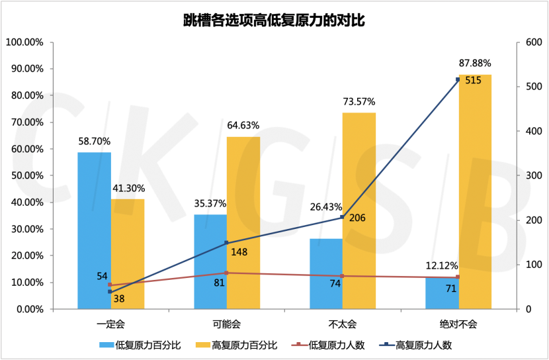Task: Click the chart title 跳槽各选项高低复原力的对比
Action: (274, 20)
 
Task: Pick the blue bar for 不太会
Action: (326, 275)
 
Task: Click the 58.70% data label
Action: (94, 141)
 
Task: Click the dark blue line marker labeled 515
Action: (458, 80)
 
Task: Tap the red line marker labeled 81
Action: (226, 273)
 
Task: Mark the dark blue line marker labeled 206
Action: (342, 217)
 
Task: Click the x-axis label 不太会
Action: (342, 324)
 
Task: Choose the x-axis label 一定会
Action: (110, 324)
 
